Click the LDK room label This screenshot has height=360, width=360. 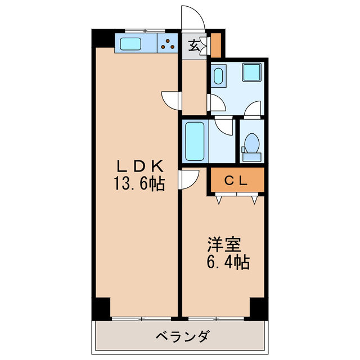tap(140, 166)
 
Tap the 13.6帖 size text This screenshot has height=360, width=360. tap(140, 183)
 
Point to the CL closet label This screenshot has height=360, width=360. tap(237, 181)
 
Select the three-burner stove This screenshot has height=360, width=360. tap(168, 43)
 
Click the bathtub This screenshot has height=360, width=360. tap(195, 141)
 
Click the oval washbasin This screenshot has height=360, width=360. tap(218, 75)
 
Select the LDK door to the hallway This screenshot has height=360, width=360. tap(171, 99)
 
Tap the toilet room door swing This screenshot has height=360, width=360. tap(253, 109)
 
